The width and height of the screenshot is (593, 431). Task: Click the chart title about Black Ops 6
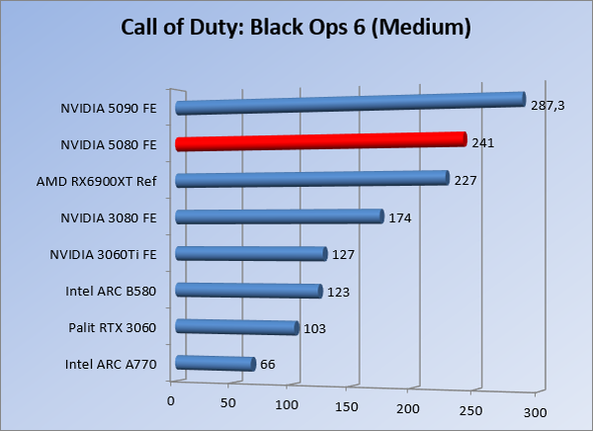[296, 27]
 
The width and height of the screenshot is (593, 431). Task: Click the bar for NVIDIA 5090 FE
[348, 103]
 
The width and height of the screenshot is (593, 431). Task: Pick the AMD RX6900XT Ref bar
[311, 179]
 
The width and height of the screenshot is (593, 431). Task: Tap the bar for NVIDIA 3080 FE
[279, 216]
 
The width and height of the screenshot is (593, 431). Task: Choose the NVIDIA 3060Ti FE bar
[250, 254]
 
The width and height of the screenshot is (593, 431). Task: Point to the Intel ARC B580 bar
[248, 291]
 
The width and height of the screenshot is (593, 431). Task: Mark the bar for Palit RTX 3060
[236, 327]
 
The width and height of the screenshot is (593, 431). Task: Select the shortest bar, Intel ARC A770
[214, 364]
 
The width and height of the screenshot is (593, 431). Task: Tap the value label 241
[482, 143]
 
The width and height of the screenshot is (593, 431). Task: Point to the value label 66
[268, 365]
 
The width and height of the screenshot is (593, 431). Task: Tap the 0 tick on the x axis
[171, 400]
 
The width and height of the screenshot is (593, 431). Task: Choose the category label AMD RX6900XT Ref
[106, 180]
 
